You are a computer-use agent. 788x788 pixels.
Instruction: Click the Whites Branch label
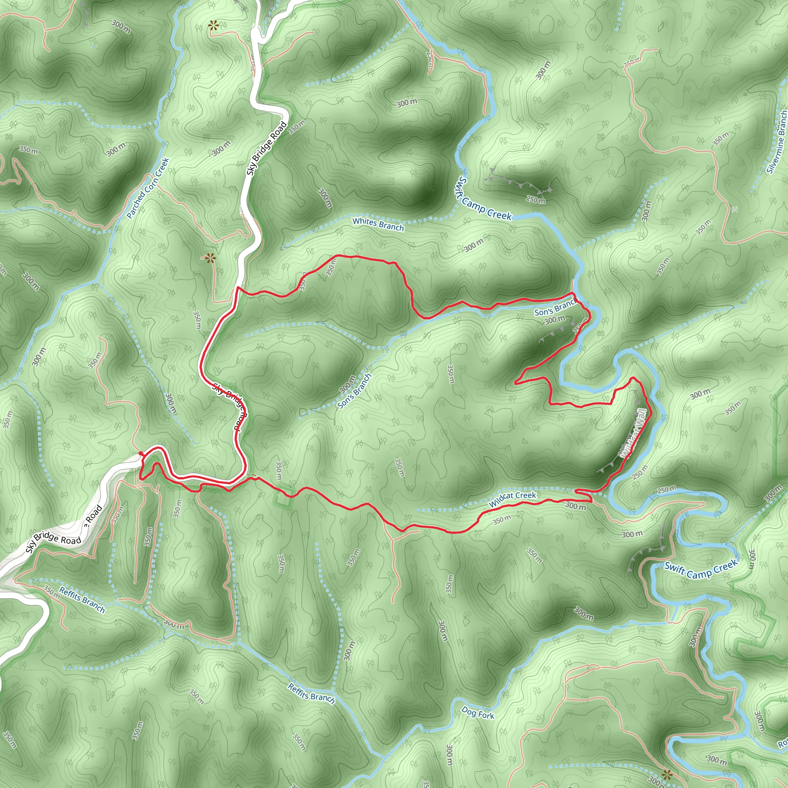378,224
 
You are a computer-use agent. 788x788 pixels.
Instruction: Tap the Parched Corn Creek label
148,188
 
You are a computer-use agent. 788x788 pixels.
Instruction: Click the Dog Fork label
477,713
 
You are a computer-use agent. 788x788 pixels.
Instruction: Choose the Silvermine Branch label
777,142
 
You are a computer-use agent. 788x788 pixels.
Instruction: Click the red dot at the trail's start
140,454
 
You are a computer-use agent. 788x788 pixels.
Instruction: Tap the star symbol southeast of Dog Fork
667,774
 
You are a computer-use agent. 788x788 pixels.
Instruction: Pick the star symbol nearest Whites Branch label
210,258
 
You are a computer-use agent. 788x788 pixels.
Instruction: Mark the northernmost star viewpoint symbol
213,27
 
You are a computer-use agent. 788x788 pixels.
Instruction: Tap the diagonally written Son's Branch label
354,391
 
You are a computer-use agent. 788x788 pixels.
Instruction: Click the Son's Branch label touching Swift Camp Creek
556,308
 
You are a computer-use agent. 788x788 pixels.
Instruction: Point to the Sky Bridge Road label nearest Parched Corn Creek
267,149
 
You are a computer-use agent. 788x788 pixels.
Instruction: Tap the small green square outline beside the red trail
285,498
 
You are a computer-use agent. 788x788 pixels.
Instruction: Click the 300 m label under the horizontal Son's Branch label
555,320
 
